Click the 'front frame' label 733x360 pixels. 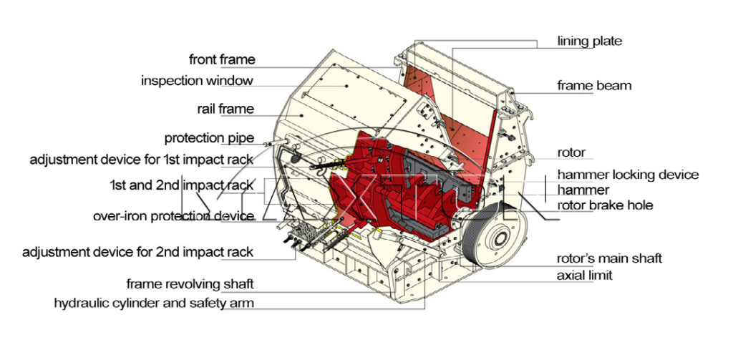[x=222, y=59]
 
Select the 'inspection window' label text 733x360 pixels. [x=197, y=81]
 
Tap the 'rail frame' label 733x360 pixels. [x=225, y=110]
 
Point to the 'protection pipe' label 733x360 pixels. [x=209, y=138]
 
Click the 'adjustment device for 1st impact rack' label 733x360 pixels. [x=142, y=159]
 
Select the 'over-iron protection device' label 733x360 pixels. [x=173, y=216]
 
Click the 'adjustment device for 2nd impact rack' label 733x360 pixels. [x=137, y=252]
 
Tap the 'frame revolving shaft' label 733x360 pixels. [x=190, y=284]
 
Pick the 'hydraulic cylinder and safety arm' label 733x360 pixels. [x=154, y=303]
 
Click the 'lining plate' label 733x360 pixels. [x=589, y=41]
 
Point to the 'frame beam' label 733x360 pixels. [x=594, y=86]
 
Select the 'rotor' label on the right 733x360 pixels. [x=571, y=152]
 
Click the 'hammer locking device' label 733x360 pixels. [x=628, y=175]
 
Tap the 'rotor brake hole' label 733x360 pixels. [x=605, y=205]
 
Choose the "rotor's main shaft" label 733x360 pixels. [x=609, y=258]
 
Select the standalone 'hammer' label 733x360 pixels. [x=583, y=190]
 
